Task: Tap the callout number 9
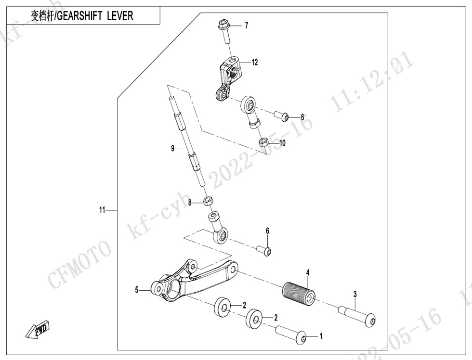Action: [173, 148]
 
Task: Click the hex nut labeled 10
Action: [264, 141]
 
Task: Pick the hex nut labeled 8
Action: [208, 201]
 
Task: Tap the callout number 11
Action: [102, 210]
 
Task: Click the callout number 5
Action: [137, 290]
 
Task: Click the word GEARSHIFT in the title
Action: [79, 16]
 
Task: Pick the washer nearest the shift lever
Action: [223, 307]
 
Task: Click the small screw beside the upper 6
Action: [281, 116]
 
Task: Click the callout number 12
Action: [255, 62]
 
